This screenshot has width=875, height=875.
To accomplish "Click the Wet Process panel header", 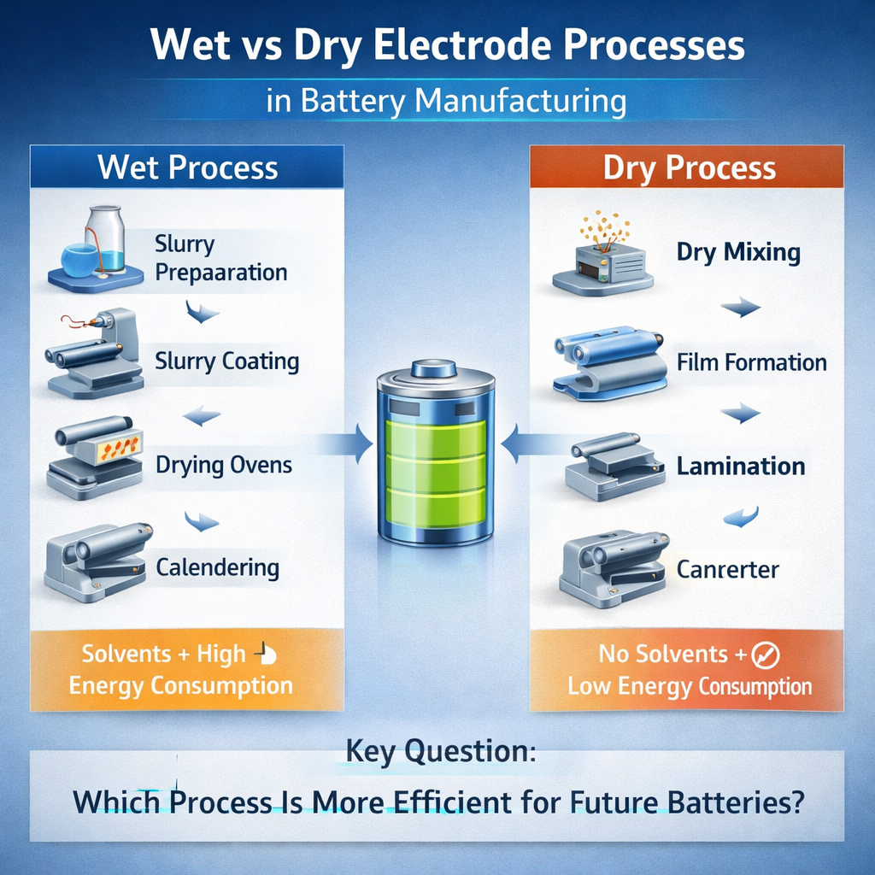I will point(187,167).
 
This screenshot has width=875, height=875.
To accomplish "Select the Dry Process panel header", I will point(689,167).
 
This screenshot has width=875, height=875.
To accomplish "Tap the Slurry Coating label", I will point(226,361).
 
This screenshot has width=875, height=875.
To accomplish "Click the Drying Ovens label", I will point(224,466).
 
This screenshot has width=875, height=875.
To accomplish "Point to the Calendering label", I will point(217,567).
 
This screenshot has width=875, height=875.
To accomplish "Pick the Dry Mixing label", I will point(737,252).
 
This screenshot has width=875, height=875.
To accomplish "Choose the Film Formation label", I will point(751,362).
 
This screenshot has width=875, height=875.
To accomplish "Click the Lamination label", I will point(740,467).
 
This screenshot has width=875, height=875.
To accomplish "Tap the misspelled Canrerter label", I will point(727,569).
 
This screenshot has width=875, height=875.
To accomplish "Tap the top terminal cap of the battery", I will point(435,369).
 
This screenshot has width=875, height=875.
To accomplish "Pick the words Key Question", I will point(440,752).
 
